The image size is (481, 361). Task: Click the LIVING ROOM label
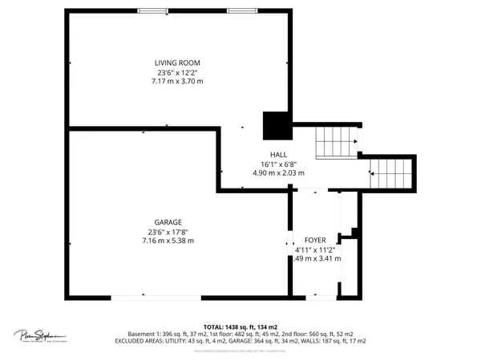coord(177,63)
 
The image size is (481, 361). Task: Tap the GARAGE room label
coord(168,222)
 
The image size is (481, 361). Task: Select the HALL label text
coord(278,155)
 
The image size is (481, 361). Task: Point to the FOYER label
coord(315,240)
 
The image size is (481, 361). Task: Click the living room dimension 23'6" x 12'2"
coord(177,72)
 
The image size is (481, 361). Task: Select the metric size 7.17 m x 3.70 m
coord(177,81)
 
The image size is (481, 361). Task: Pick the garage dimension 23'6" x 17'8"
coord(168,232)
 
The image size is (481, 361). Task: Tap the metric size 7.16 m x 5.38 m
coord(168,241)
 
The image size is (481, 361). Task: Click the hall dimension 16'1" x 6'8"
coord(278,164)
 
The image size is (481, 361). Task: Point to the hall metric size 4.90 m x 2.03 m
coord(278,172)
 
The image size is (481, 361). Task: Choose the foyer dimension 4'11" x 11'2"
coord(314,249)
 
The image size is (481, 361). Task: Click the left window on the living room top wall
coord(153,11)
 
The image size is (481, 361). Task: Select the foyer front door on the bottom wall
coord(322,298)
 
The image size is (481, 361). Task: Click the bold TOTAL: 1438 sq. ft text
coord(240,327)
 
